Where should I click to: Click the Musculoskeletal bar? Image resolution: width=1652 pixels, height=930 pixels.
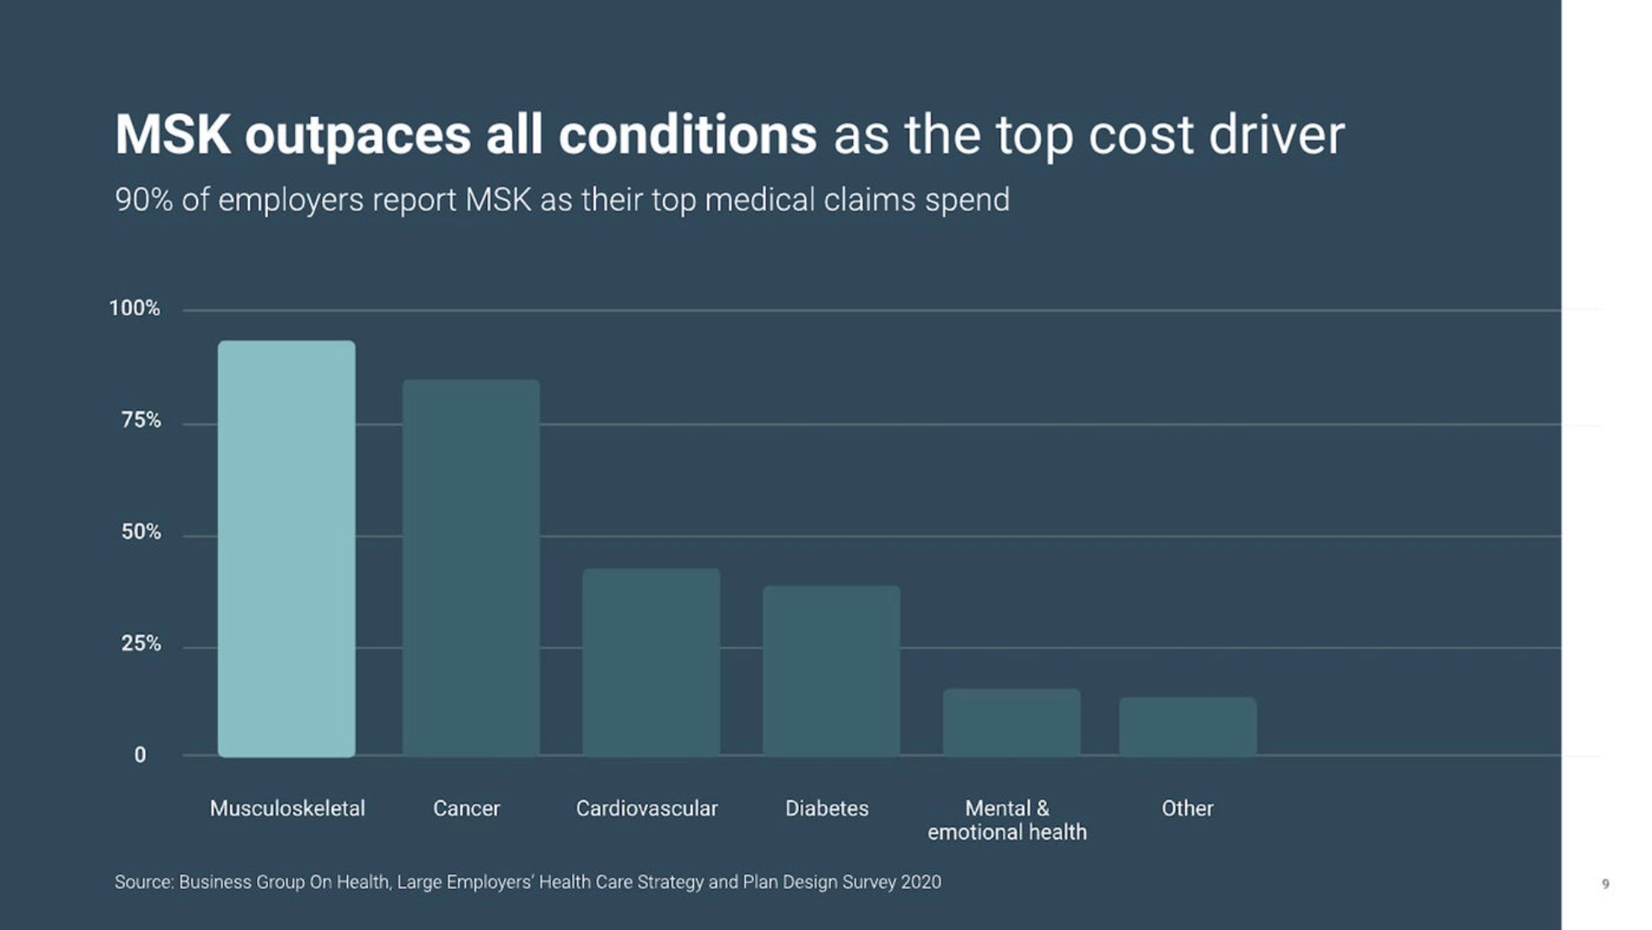coord(287,548)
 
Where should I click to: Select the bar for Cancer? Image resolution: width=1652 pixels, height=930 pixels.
coord(471,568)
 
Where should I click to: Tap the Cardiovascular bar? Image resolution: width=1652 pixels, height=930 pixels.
coord(652,662)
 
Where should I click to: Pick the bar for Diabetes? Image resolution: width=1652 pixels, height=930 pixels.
coord(831,671)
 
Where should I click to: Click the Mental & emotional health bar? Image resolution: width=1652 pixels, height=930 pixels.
coord(1011,722)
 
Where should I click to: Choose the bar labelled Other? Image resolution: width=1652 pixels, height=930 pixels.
coord(1188,726)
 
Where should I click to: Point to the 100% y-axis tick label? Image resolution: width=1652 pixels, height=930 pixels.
coord(134,308)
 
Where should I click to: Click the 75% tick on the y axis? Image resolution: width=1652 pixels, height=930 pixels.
coord(141,420)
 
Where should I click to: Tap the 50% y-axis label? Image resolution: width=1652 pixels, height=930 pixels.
coord(141,532)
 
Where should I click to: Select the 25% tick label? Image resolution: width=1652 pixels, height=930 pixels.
coord(141,644)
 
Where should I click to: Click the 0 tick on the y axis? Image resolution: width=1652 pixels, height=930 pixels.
coord(140,756)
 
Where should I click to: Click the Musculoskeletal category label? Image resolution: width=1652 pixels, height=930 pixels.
coord(287,809)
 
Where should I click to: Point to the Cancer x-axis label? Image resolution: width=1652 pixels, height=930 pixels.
coord(466,809)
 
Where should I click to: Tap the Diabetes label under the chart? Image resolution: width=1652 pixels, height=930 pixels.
coord(827,809)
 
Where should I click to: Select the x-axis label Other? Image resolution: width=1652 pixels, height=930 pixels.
coord(1188,809)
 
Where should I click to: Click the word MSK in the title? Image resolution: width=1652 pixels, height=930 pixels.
coord(173,135)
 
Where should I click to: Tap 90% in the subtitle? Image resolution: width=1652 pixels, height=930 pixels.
coord(143,200)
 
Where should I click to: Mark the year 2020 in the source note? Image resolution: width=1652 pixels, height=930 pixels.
coord(920,882)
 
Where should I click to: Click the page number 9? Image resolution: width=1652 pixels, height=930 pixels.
coord(1606,884)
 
